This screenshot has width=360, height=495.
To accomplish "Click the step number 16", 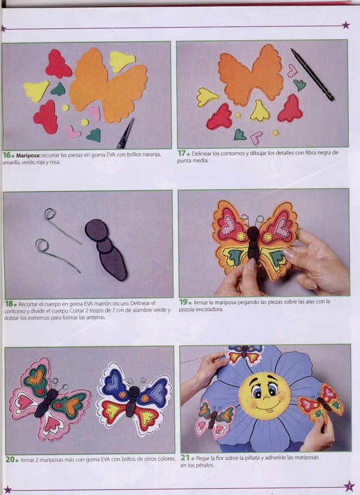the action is tap(6, 155).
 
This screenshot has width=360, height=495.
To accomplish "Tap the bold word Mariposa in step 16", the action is tap(28, 155).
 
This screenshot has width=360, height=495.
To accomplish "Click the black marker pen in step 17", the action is tap(312, 74).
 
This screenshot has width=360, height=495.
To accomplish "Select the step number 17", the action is tap(181, 153).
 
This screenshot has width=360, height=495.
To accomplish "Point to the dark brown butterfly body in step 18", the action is tap(106, 249).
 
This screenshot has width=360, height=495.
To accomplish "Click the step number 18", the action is tap(9, 304).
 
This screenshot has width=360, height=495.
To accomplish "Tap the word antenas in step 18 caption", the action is tap(96, 317).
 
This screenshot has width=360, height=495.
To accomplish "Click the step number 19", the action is tap(183, 302).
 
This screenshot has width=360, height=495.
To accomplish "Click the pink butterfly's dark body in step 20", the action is tap(46, 403).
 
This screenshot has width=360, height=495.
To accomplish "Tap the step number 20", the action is tap(10, 459).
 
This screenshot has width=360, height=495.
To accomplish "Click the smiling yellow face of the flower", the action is tap(264, 396).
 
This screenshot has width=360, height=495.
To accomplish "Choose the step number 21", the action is tap(185, 457).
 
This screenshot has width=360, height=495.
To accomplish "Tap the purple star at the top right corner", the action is tap(346, 25).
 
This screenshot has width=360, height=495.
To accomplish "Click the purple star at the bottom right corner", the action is tap(349, 486).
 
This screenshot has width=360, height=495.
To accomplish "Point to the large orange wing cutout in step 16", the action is tap(108, 85).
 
